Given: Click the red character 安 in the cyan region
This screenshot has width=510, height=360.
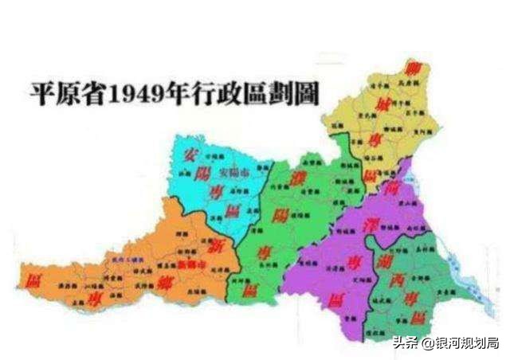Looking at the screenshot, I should (191, 154).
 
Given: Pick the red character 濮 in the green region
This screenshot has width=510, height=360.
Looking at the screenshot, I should (280, 174).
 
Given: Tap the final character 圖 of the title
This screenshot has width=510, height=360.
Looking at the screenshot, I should (305, 93).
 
